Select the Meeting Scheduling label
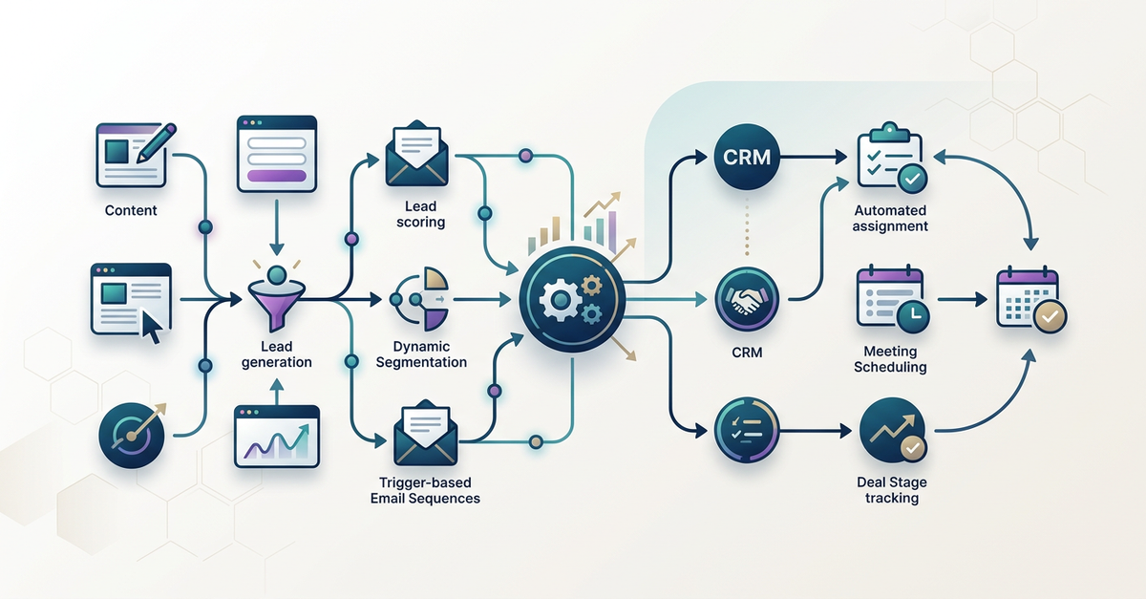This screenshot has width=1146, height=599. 889,359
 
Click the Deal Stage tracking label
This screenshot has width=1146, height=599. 891,490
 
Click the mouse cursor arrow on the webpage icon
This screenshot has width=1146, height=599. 151,326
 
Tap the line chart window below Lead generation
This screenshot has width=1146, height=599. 276,437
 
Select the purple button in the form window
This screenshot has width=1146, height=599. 276,175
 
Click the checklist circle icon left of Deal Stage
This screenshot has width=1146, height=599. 746,431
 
